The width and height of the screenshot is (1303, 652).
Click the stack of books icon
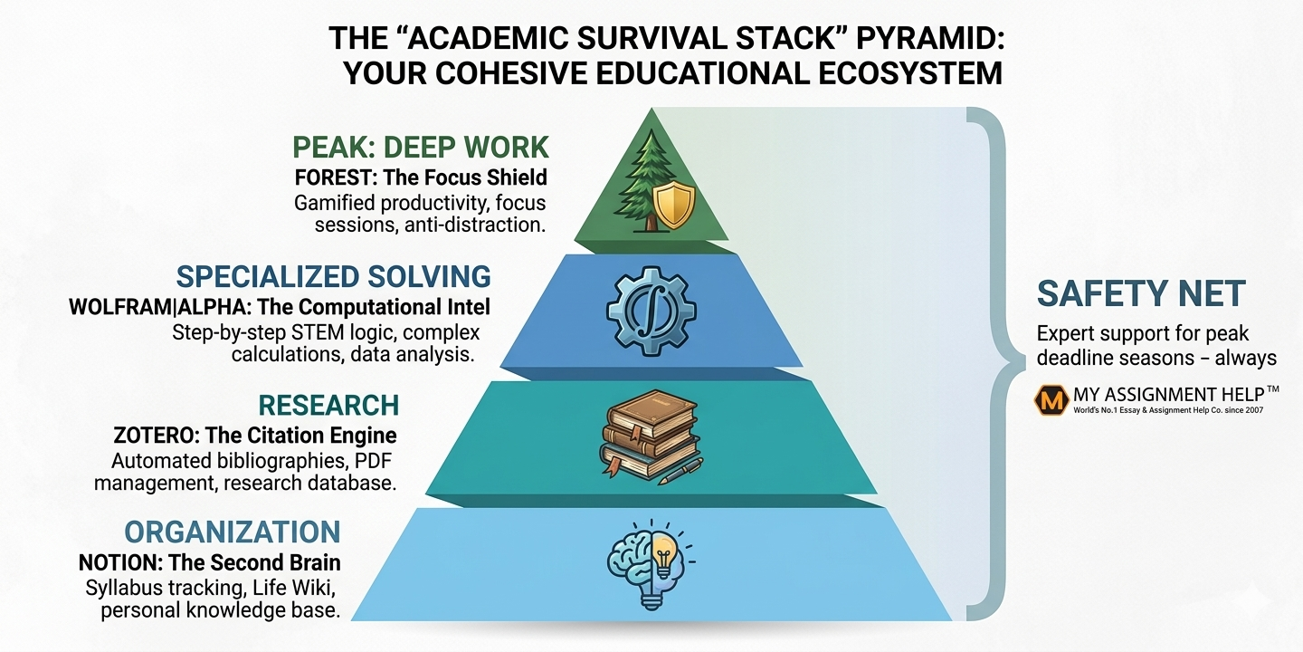(x=648, y=435)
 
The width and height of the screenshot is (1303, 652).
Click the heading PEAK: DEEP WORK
(x=421, y=147)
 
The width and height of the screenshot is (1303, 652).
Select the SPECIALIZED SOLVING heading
(x=333, y=276)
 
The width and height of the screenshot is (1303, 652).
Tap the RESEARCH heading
(x=328, y=404)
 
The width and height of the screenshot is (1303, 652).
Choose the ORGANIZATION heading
(x=233, y=532)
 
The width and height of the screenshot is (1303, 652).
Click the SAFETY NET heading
(x=1141, y=293)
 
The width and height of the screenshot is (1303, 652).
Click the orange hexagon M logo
(x=1051, y=399)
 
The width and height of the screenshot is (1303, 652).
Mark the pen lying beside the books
(x=681, y=471)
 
